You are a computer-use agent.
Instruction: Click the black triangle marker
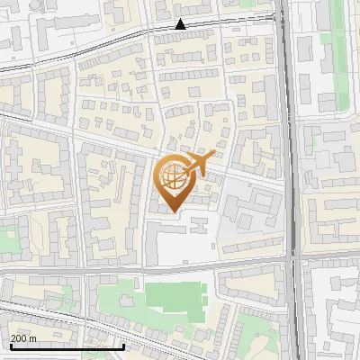[181, 24]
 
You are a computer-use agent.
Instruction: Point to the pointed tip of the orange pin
[172, 211]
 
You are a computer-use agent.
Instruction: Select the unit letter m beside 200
[33, 338]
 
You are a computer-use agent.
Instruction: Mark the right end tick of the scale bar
[123, 345]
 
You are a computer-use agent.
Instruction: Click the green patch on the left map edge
[7, 239]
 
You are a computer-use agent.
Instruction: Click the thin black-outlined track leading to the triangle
[108, 37]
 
